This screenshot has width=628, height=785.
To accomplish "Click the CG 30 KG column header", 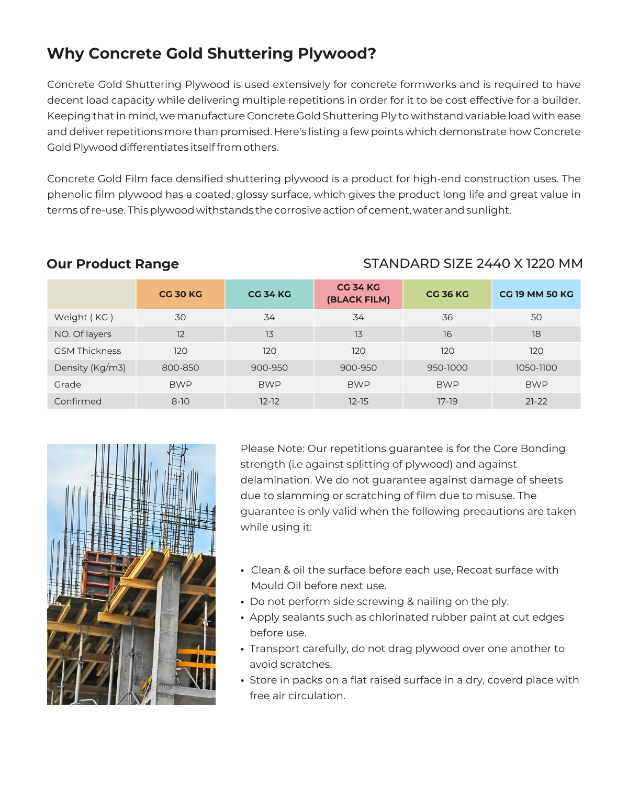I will click(181, 294).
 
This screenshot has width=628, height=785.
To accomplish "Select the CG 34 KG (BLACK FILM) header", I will click(358, 294).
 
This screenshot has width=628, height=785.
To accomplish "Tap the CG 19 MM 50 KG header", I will click(536, 294).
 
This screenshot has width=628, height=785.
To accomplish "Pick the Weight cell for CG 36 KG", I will click(447, 317).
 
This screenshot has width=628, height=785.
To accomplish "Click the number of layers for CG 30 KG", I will click(181, 334).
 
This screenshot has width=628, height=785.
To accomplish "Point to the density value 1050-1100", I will click(536, 367).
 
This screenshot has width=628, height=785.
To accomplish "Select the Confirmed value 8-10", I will click(181, 401).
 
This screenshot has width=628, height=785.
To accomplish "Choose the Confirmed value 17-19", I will click(447, 401).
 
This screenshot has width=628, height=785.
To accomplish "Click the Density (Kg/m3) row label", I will click(90, 367).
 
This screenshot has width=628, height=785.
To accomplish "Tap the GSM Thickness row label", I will click(87, 351).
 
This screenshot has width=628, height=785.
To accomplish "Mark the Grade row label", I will click(68, 384).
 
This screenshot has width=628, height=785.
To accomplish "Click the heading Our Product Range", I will click(113, 264).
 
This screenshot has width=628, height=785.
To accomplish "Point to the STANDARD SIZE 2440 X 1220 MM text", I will click(473, 264).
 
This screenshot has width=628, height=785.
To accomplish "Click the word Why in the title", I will click(65, 53).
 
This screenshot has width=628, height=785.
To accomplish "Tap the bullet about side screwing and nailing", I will click(379, 601).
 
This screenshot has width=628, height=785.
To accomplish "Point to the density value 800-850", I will click(181, 367).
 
